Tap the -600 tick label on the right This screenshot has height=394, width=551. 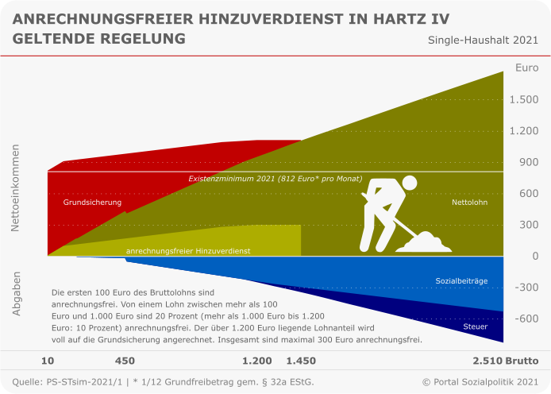point(526,319)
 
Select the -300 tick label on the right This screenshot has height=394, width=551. point(526,287)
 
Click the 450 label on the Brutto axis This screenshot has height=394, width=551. point(125,361)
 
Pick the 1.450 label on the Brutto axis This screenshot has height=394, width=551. point(301,361)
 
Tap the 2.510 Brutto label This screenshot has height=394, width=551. point(490,361)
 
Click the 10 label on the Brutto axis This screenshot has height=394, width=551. point(48,361)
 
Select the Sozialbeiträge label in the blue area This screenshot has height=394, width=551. point(461,281)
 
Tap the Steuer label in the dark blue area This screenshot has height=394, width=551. point(476,326)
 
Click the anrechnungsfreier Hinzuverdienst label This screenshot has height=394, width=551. point(188,251)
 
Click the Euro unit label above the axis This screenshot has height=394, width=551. point(526,68)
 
